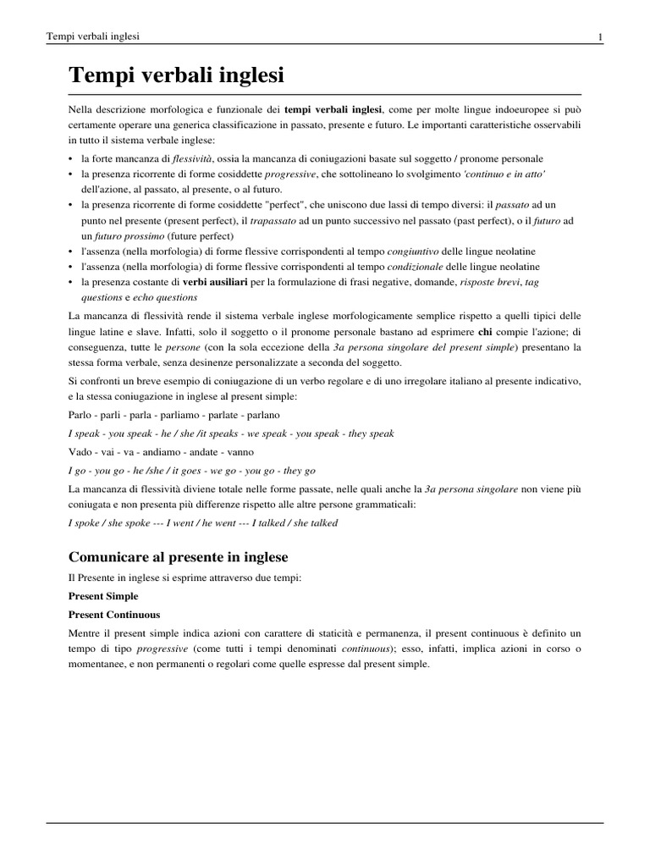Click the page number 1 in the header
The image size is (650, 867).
coord(599,36)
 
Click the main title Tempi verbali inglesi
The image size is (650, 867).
coord(176,76)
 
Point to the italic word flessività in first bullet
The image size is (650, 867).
coord(192,159)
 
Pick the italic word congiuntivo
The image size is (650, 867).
coord(415,251)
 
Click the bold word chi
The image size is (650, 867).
coord(486,333)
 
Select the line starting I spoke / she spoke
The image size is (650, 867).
coord(202,523)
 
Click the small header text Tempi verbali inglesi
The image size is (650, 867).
coord(93,36)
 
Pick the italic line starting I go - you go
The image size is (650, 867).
coord(191,471)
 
